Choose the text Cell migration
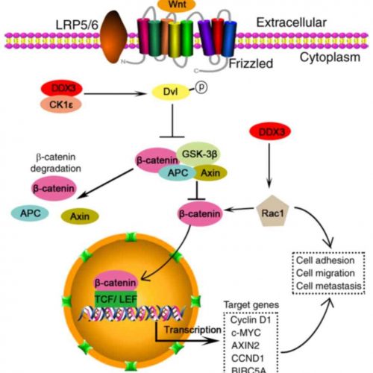(x=328, y=272)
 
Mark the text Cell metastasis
(x=330, y=285)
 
